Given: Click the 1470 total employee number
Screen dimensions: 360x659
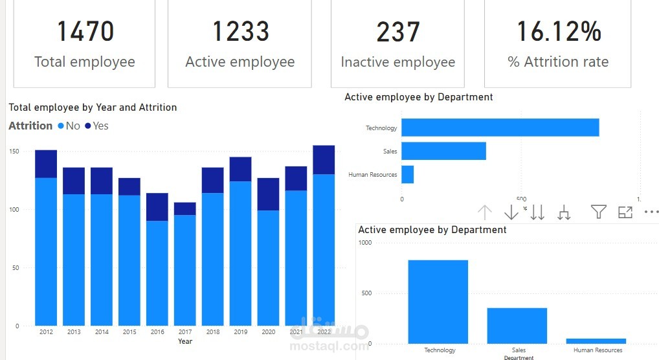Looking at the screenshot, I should point(85,32).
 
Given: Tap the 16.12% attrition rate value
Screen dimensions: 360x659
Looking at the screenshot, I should point(558,32).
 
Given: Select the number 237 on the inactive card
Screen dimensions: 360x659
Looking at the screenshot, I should point(397,32).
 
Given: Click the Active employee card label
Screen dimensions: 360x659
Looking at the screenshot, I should point(240,62).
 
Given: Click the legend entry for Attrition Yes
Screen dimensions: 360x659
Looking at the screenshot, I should point(96,126).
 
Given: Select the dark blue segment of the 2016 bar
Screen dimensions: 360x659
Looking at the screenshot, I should point(157,207).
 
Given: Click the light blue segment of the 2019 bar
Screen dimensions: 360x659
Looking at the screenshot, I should point(240,253).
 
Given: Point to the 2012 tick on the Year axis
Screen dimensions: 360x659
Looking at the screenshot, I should point(46,332).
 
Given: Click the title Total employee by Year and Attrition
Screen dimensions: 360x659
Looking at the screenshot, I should point(93,107).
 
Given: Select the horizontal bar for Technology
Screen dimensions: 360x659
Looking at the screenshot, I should point(500,128).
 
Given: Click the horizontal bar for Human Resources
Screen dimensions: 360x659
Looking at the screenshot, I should point(407,175).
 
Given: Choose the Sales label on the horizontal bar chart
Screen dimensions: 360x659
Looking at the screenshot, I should point(390,152).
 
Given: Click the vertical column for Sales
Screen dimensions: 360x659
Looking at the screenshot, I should point(517,326).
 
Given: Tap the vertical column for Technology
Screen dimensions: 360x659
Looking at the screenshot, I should point(438,302).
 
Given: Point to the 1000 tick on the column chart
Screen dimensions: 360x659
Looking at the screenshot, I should point(365,242).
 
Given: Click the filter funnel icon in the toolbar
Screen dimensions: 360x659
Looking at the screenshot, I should point(598,212).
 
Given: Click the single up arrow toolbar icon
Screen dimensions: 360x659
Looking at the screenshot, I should point(485,212).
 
